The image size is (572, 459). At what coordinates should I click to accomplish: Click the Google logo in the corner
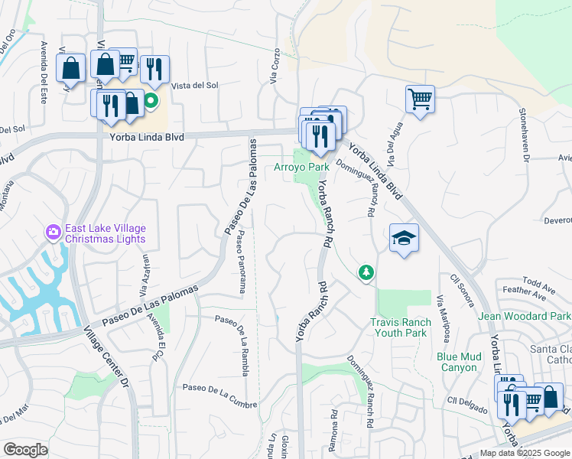coord(25,450)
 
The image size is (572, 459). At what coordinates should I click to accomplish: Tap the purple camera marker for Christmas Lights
coord(54,230)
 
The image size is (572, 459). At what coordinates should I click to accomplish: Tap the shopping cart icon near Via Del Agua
coord(420,99)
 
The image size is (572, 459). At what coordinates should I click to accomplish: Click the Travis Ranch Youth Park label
coord(398,328)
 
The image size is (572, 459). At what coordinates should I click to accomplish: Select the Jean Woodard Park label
coord(525,316)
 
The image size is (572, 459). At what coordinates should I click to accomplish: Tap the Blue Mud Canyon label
coord(459,362)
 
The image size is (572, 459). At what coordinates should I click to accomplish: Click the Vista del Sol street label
coord(196,86)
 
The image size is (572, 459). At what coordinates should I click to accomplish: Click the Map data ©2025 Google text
coord(525,453)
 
